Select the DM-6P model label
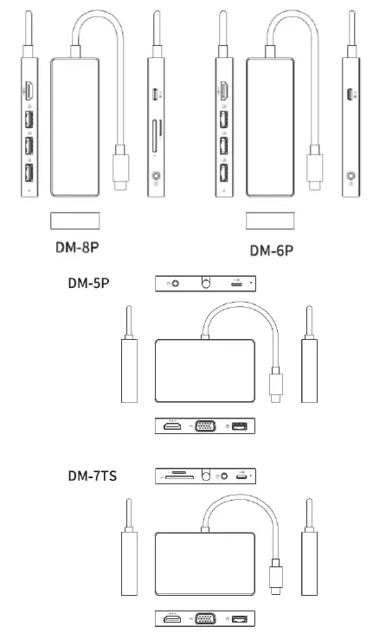click(x=272, y=251)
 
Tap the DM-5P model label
click(x=93, y=283)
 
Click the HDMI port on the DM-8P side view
click(x=29, y=91)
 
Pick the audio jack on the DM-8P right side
click(x=157, y=180)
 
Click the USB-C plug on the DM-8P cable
click(x=121, y=172)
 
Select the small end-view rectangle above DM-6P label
click(x=270, y=220)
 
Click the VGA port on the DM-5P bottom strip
click(x=205, y=426)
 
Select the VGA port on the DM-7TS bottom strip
click(x=205, y=619)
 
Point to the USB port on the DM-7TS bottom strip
click(x=239, y=619)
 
